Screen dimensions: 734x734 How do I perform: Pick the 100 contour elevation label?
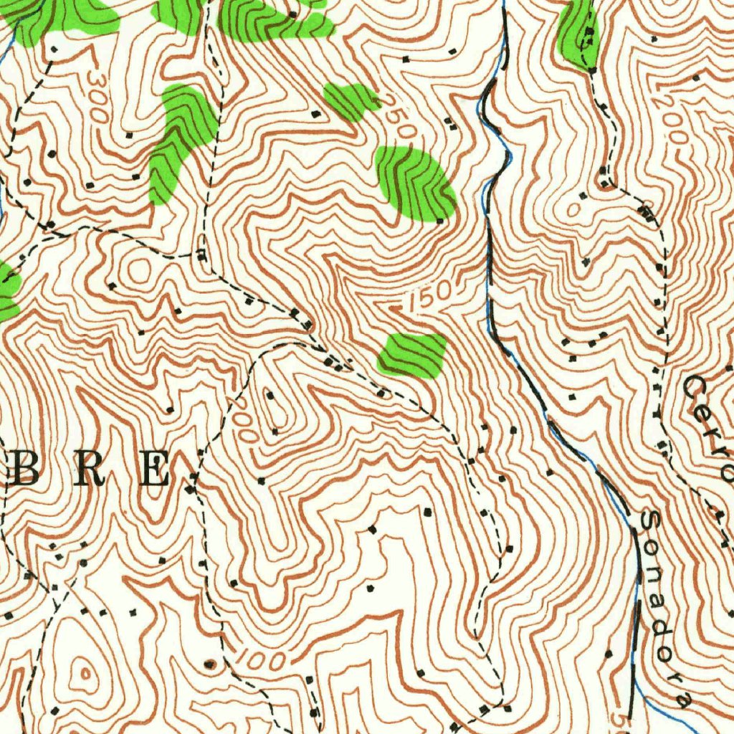point(261,657)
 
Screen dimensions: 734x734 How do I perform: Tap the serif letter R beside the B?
point(90,470)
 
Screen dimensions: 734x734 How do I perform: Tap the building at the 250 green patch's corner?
point(440,219)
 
